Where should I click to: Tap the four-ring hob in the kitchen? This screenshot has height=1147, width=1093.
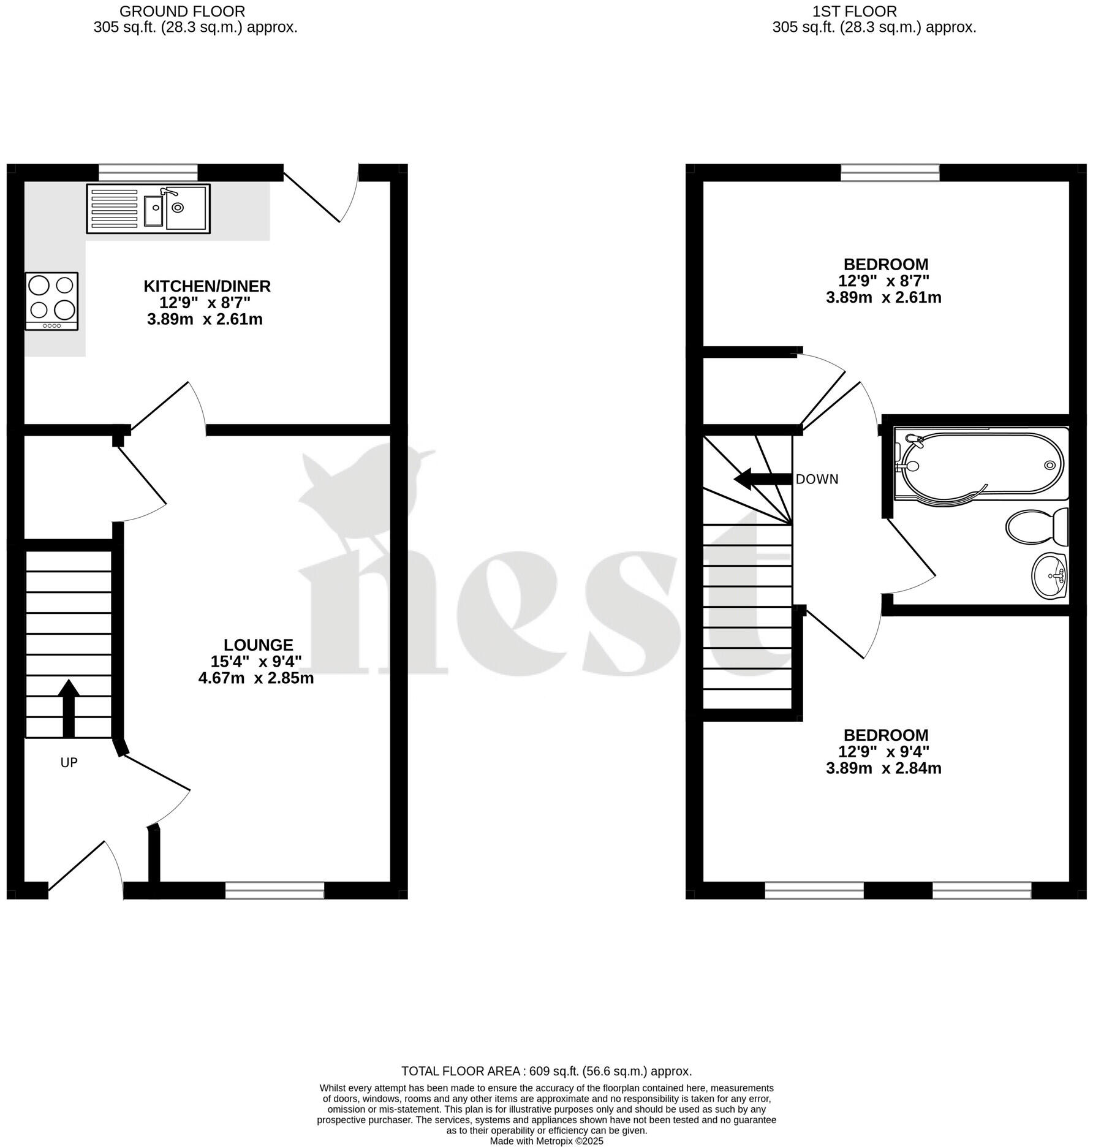tap(52, 301)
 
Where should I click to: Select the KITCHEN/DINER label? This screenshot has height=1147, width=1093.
tap(207, 286)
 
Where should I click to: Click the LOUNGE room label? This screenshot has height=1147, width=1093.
tap(258, 645)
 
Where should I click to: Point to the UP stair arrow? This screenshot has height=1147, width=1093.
tap(69, 708)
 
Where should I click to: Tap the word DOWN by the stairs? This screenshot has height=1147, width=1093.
tap(817, 479)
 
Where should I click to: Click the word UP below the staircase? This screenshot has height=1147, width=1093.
tap(69, 762)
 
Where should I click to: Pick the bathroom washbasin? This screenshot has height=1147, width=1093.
tap(1050, 575)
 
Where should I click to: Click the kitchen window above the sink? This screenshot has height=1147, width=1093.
tap(148, 172)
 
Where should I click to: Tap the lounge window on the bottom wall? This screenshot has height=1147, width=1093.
tap(274, 890)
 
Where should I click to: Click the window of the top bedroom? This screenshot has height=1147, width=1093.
tap(890, 172)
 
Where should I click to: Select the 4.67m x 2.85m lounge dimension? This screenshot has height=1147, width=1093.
tap(256, 678)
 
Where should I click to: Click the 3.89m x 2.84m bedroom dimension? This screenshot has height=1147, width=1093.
tap(883, 768)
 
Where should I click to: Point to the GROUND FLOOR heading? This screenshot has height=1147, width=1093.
tap(183, 11)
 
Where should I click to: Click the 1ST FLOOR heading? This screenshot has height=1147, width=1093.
tap(854, 11)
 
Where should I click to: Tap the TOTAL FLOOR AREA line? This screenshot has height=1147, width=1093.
tap(546, 1071)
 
